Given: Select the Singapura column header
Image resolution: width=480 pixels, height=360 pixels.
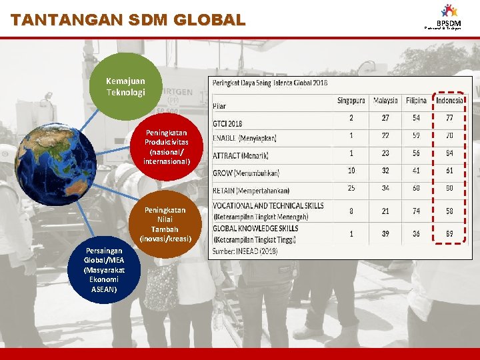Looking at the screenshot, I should point(351,101).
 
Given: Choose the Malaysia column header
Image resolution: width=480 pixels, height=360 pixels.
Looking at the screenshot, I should point(385,101).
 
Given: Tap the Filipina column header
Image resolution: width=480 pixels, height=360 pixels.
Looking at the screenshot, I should point(416,101).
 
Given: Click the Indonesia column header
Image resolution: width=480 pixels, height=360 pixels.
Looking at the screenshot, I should point(449,101).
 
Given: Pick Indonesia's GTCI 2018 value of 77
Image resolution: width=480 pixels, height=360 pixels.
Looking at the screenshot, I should point(449,118).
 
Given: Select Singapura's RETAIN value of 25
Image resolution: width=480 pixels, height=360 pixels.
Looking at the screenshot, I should point(351,188).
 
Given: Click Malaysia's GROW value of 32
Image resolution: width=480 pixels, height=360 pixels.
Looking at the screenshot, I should point(385,171).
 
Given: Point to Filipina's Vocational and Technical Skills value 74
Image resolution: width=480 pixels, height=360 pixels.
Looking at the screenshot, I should point(416,211).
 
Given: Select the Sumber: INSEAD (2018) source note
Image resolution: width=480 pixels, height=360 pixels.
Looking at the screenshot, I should point(246,251).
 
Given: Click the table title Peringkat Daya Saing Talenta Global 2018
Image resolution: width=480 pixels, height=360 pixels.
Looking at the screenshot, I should point(270,83).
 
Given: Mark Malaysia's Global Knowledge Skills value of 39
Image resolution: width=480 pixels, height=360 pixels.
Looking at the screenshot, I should point(385,234).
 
